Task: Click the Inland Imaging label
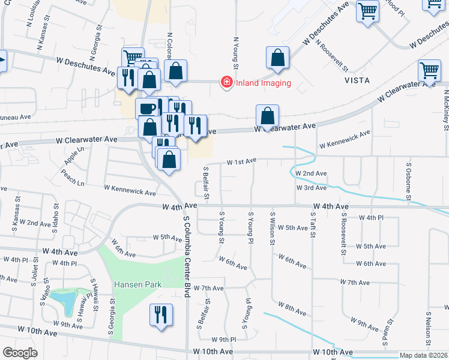(x=264, y=83)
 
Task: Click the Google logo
(x=20, y=353)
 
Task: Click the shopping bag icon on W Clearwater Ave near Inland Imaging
(x=267, y=115)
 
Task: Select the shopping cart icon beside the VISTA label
(x=430, y=71)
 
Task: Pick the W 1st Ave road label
(x=241, y=161)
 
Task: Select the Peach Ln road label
(x=73, y=176)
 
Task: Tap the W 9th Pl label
(x=222, y=339)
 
